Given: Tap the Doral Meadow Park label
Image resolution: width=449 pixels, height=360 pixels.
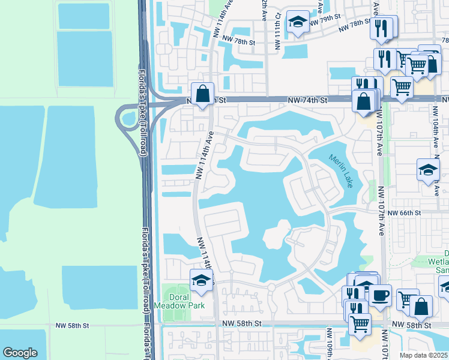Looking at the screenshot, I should [x=184, y=301].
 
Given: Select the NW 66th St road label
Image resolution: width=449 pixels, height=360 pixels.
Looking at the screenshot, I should [x=405, y=213].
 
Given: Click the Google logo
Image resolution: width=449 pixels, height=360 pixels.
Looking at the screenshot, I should [x=20, y=353].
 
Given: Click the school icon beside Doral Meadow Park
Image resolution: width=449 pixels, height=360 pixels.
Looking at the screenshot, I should [x=202, y=280].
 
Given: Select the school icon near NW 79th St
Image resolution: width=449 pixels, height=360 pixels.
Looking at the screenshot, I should [x=297, y=23].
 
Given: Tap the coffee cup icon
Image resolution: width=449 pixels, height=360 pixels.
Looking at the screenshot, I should [x=379, y=295].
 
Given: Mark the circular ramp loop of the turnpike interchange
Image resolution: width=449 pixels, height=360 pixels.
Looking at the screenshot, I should [x=127, y=118].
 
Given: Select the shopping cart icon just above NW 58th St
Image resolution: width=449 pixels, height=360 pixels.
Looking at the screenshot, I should [x=359, y=323].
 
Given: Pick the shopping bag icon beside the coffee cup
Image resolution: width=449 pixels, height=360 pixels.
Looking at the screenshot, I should [x=421, y=307].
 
